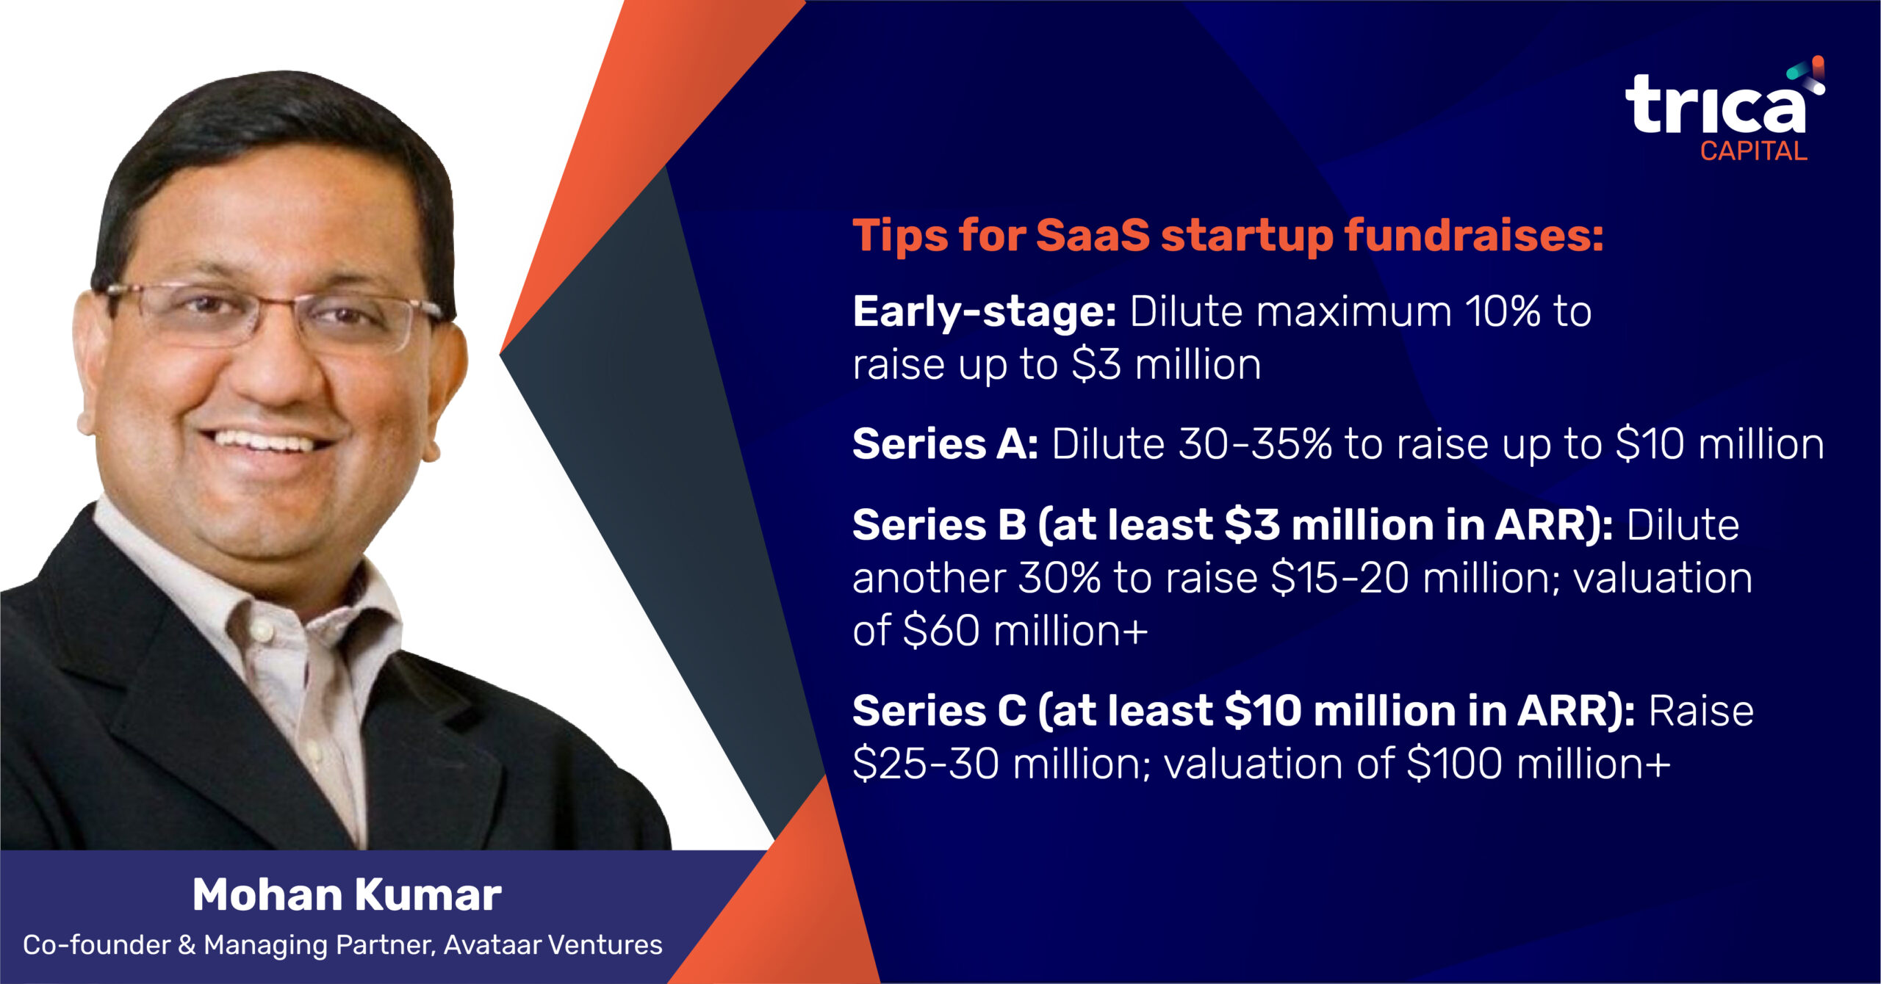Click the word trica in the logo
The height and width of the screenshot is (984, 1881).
pyautogui.click(x=1715, y=104)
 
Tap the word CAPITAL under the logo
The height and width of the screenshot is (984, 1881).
pyautogui.click(x=1753, y=151)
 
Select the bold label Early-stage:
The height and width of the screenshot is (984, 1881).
pyautogui.click(x=985, y=313)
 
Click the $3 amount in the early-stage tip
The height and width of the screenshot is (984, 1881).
pyautogui.click(x=1096, y=365)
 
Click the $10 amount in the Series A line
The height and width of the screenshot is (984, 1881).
pyautogui.click(x=1650, y=444)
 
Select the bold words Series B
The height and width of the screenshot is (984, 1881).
pyautogui.click(x=940, y=525)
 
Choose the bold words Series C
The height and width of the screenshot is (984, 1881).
pyautogui.click(x=940, y=711)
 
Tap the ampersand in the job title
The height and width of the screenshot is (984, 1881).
pyautogui.click(x=187, y=945)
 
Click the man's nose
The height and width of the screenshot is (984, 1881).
pyautogui.click(x=278, y=367)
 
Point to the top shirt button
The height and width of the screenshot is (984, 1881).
pyautogui.click(x=259, y=629)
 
